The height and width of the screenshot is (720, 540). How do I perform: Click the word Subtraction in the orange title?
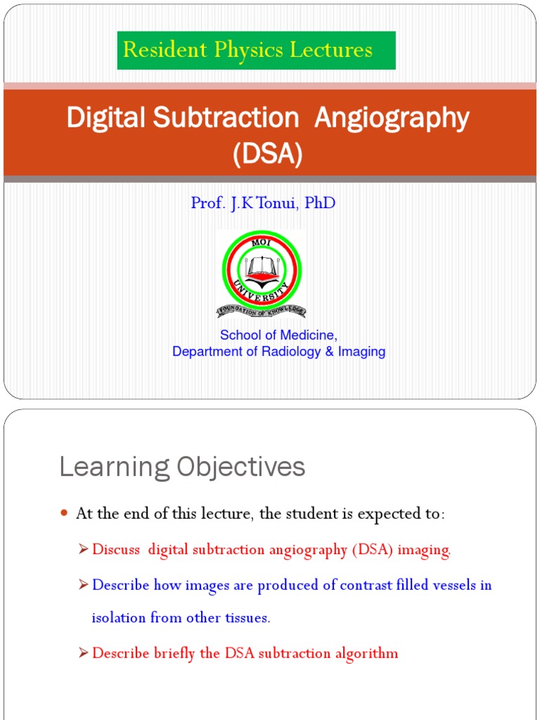[225, 118]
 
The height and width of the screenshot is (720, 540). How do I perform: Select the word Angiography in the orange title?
[392, 119]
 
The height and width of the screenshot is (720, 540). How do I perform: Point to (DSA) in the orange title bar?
[268, 153]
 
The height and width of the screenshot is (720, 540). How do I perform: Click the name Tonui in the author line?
[266, 203]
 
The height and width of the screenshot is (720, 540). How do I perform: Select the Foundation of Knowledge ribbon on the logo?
[261, 310]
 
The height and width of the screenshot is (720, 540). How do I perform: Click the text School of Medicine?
[278, 335]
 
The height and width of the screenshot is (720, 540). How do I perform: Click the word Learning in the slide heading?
[114, 467]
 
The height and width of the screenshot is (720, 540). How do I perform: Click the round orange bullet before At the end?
[64, 514]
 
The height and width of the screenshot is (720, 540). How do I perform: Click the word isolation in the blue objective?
[118, 618]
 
